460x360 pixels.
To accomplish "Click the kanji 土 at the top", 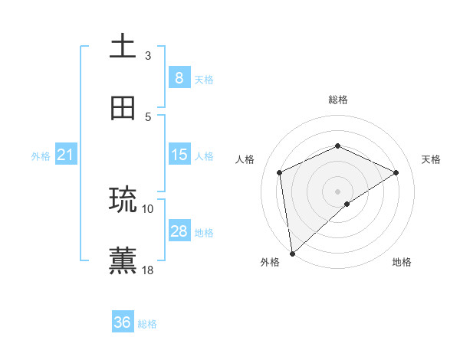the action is pos(123,47).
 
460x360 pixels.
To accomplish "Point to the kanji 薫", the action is pos(123,260).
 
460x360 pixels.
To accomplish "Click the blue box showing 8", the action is pos(179,78).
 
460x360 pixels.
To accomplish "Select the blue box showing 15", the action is pos(179,155).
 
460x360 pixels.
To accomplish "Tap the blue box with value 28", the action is pos(179,231).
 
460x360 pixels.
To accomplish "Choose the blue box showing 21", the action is pos(66,155).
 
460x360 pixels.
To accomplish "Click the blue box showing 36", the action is pos(123,322).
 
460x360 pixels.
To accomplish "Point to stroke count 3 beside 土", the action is pos(148,55).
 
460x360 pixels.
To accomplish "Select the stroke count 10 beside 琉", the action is pos(148,208).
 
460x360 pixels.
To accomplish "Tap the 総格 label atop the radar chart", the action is pos(338,100).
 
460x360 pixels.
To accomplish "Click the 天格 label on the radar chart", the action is pos(431,159).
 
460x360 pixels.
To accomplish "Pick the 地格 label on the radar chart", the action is pos(402,262).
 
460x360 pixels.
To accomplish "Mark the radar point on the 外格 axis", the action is pos(291,254).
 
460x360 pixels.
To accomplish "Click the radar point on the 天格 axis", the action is pos(396,172).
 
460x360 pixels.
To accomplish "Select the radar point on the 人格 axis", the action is pos(280,172).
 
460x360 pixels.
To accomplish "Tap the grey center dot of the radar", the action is pos(338,191).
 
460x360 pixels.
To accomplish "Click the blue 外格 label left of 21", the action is pos(41,155).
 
